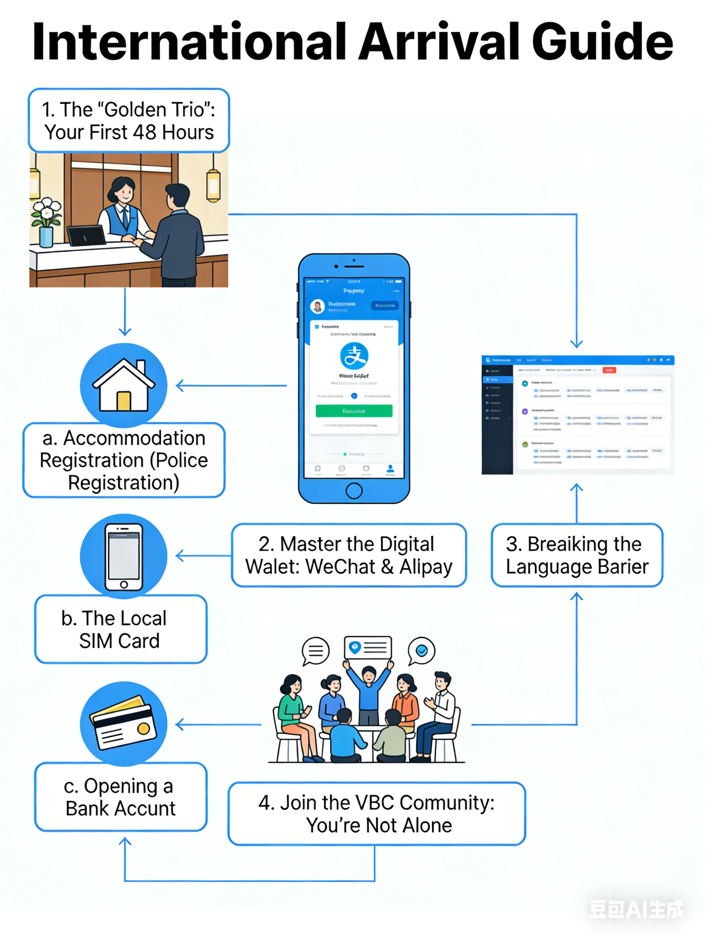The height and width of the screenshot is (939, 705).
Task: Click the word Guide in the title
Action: pyautogui.click(x=602, y=42)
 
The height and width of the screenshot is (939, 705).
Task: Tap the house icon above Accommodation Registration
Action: pyautogui.click(x=124, y=385)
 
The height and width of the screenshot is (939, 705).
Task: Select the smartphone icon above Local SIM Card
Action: pyautogui.click(x=124, y=556)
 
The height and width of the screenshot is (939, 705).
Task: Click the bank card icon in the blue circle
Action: pyautogui.click(x=124, y=724)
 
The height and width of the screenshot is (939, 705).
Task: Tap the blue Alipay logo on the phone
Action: pyautogui.click(x=354, y=356)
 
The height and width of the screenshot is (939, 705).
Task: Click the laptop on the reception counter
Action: pyautogui.click(x=86, y=236)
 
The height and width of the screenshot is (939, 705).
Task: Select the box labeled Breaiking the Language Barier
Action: pyautogui.click(x=577, y=555)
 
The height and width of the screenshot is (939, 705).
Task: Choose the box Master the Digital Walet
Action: pyautogui.click(x=349, y=555)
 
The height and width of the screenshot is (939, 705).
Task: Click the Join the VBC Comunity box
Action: pyautogui.click(x=377, y=814)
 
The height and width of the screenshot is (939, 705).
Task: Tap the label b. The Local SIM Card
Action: pyautogui.click(x=121, y=629)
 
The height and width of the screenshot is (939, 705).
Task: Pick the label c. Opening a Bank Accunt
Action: pyautogui.click(x=121, y=797)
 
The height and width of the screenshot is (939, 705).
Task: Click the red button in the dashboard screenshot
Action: pyautogui.click(x=609, y=370)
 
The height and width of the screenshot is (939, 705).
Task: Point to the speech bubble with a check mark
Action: pyautogui.click(x=421, y=650)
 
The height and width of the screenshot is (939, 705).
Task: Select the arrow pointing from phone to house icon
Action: pyautogui.click(x=231, y=385)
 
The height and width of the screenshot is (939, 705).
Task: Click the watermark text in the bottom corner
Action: pyautogui.click(x=636, y=909)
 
